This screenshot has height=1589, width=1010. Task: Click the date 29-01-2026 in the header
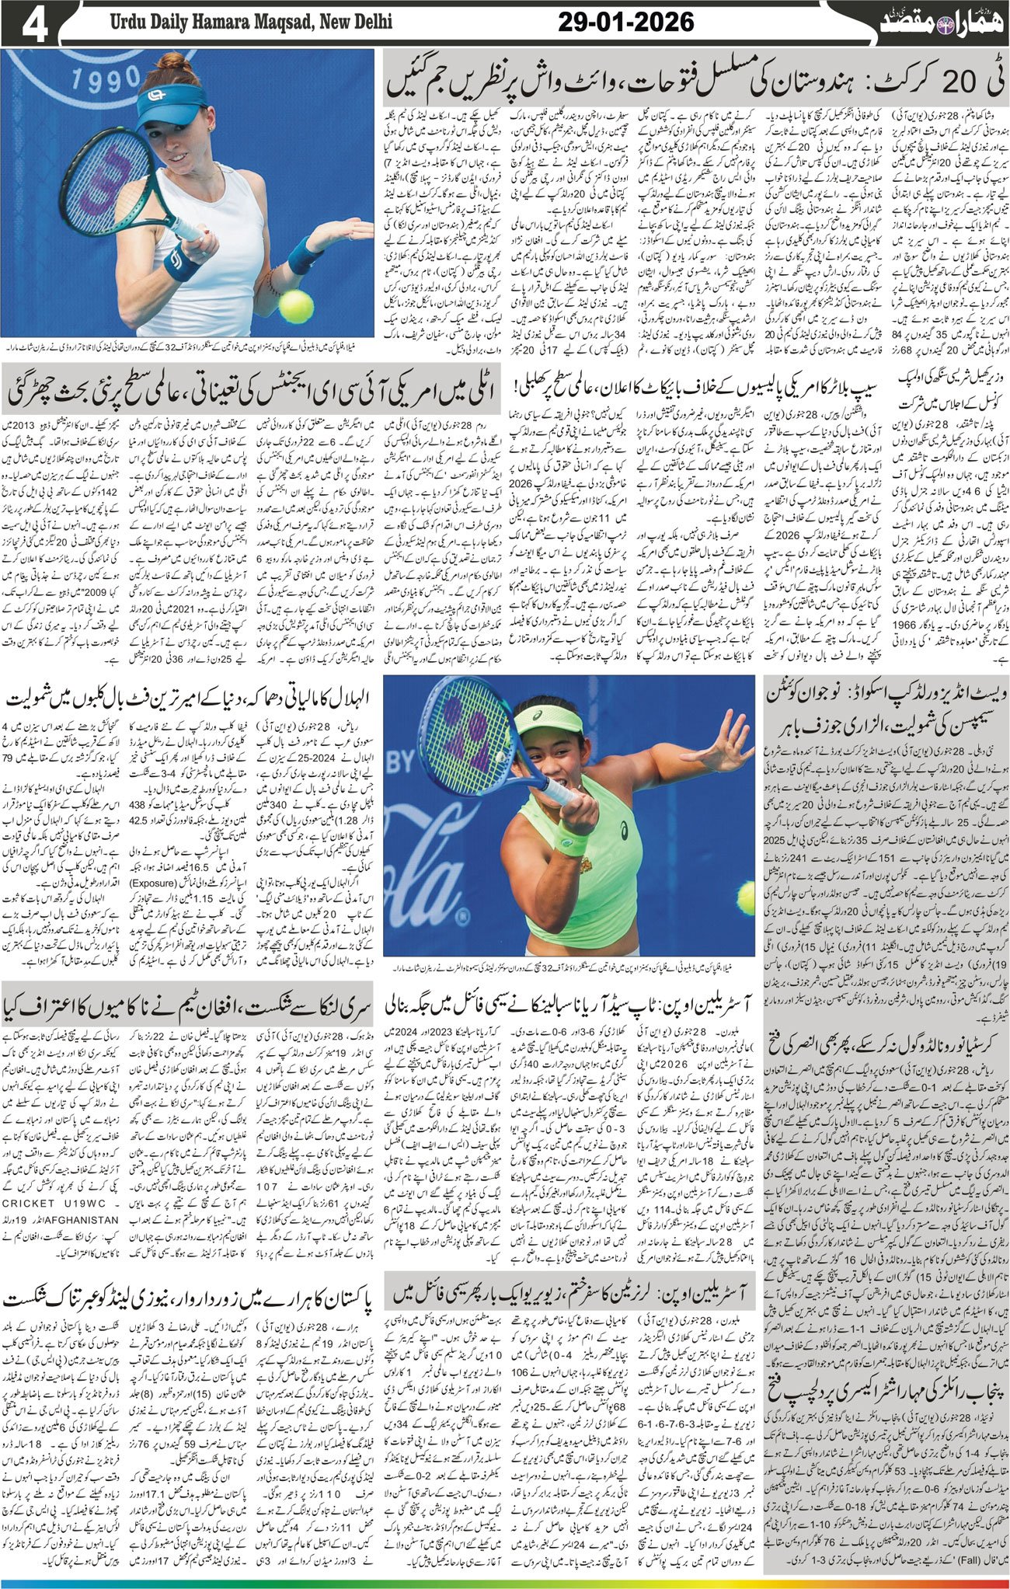click(x=625, y=23)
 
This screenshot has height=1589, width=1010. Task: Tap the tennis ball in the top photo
click(x=296, y=306)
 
